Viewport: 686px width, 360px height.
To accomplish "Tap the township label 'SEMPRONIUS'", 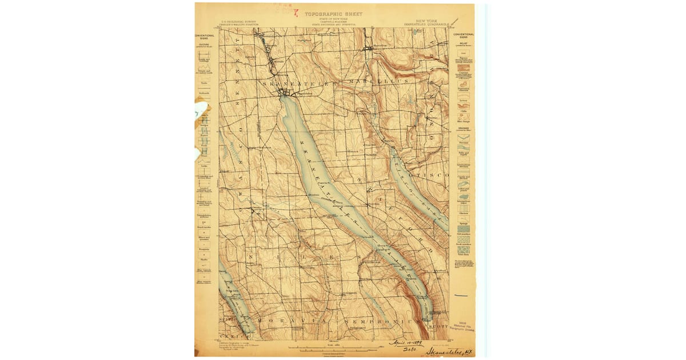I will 374,322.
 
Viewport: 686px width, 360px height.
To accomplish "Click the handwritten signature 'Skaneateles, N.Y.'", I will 446,349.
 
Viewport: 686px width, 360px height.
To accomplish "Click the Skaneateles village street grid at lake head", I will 284,93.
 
